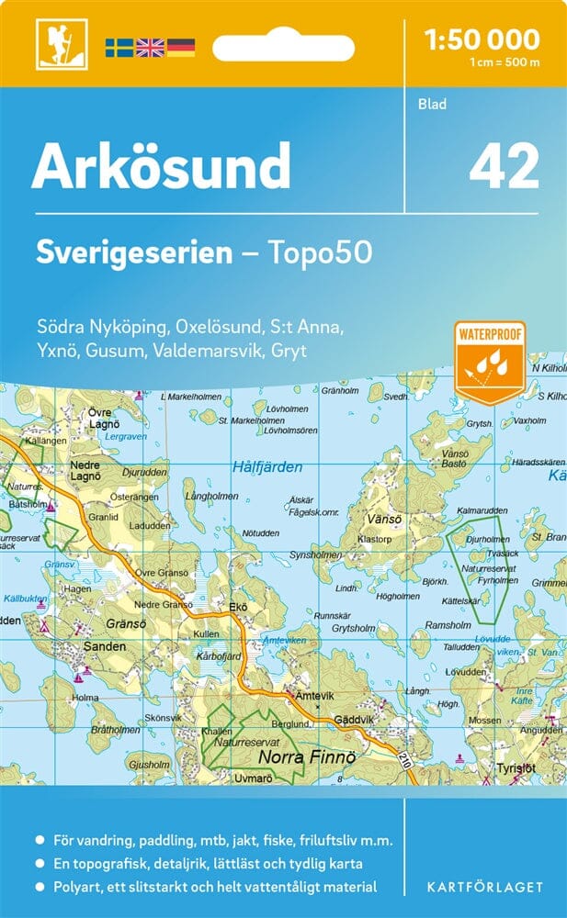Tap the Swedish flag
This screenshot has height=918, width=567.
coord(119,47)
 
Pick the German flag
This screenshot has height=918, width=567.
coord(180,47)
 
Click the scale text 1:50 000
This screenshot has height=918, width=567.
coord(483,39)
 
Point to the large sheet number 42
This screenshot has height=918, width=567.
coord(503,167)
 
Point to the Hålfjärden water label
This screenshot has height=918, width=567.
coord(267,466)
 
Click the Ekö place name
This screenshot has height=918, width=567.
coord(238,607)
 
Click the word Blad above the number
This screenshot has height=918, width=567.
coord(432,105)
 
